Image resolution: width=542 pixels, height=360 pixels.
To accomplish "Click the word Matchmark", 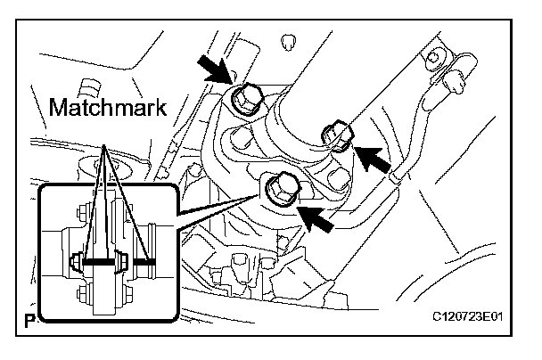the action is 108,108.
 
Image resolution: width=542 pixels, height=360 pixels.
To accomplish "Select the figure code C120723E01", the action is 468,316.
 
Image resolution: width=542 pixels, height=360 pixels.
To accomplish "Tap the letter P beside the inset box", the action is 30,321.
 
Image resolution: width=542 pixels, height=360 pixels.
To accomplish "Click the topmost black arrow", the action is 215,70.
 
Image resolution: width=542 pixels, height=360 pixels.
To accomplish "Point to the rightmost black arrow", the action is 373,159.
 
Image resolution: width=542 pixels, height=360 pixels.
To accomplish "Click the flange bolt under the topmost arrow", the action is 245,98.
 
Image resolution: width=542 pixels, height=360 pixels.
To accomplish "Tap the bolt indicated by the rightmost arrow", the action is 337,135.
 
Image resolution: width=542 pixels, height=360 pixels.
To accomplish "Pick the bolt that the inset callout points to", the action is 281,189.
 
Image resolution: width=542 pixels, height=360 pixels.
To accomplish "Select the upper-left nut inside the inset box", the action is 82,212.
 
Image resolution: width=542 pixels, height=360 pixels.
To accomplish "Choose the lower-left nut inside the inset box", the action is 82,292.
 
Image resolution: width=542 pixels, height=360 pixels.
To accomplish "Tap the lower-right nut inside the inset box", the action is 127,294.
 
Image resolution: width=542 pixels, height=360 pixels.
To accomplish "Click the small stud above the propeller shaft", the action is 288,42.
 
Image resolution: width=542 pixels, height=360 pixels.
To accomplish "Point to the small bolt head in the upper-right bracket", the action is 433,57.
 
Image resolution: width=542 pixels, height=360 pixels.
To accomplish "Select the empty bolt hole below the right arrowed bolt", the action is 338,178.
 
